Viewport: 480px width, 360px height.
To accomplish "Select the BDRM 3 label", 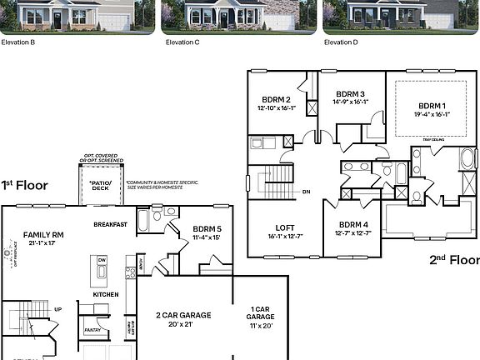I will pos(351,94).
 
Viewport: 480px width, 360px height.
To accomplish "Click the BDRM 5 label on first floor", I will pos(207,227).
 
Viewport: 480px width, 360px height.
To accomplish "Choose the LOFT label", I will pos(286,227).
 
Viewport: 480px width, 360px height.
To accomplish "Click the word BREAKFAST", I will pos(110,224).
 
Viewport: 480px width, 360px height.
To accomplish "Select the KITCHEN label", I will pos(106,294).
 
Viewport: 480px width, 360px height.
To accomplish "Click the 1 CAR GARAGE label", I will pos(262,314).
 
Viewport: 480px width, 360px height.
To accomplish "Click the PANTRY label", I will pos(92,331).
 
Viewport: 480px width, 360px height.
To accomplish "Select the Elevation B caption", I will pos(18,41).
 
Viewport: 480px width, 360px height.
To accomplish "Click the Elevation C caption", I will pos(183,41).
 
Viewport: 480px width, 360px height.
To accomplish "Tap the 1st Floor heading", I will pos(24,185).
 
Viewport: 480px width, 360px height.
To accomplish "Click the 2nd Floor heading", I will pos(454,259).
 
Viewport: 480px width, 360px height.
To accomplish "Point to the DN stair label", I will pos(306,192).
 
